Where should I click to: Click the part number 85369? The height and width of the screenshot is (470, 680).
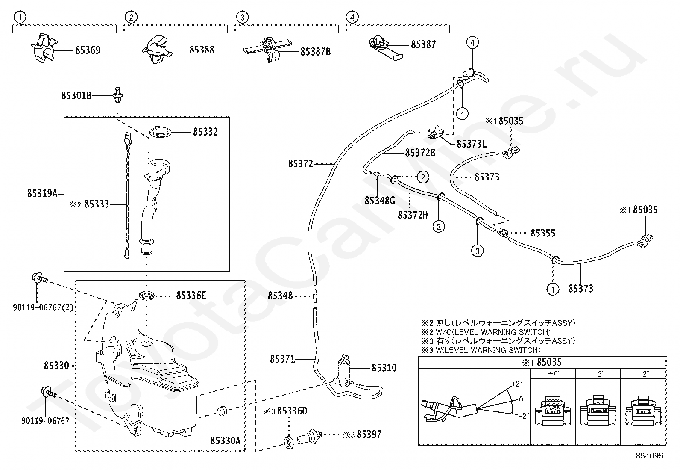(x=88, y=50)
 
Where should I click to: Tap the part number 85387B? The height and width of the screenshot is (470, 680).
(x=315, y=52)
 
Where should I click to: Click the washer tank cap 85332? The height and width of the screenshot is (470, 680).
(x=161, y=132)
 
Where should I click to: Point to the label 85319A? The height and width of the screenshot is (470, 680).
(x=42, y=193)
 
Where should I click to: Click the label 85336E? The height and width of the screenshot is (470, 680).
(x=191, y=295)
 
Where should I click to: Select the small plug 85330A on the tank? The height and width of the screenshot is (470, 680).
(x=222, y=411)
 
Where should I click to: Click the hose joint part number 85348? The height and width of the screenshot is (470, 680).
(x=280, y=296)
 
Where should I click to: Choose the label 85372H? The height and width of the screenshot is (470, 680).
(x=413, y=215)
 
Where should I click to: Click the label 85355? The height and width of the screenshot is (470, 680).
(x=542, y=233)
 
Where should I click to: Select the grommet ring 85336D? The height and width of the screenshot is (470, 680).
(x=289, y=441)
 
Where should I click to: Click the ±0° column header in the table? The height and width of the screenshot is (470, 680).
(x=553, y=373)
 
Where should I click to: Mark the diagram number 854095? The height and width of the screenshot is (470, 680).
(x=649, y=456)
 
